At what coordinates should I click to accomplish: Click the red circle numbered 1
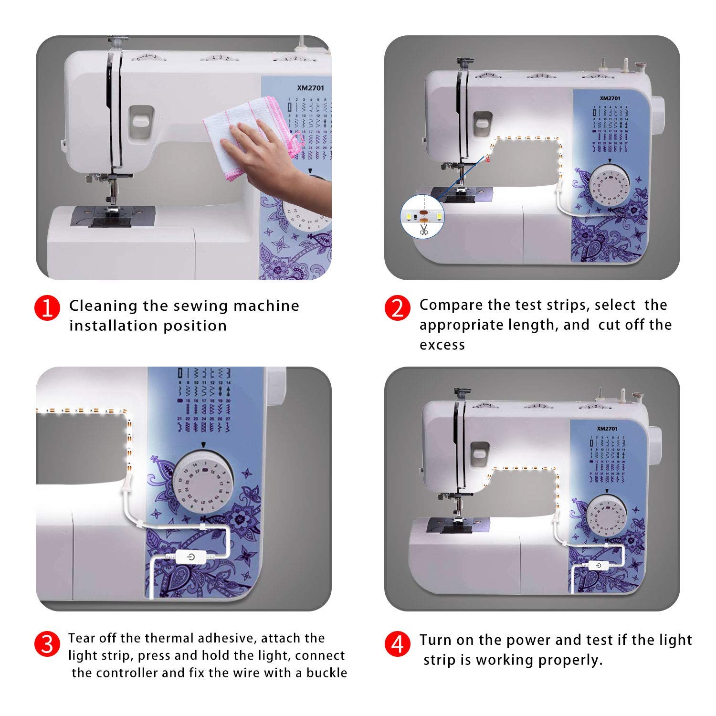coord(47,309)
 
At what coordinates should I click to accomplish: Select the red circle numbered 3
coord(47,644)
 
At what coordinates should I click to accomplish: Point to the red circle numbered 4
coord(397,644)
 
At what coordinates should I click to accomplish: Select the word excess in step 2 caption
coord(442,345)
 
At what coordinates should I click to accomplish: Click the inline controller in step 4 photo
coord(599,566)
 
